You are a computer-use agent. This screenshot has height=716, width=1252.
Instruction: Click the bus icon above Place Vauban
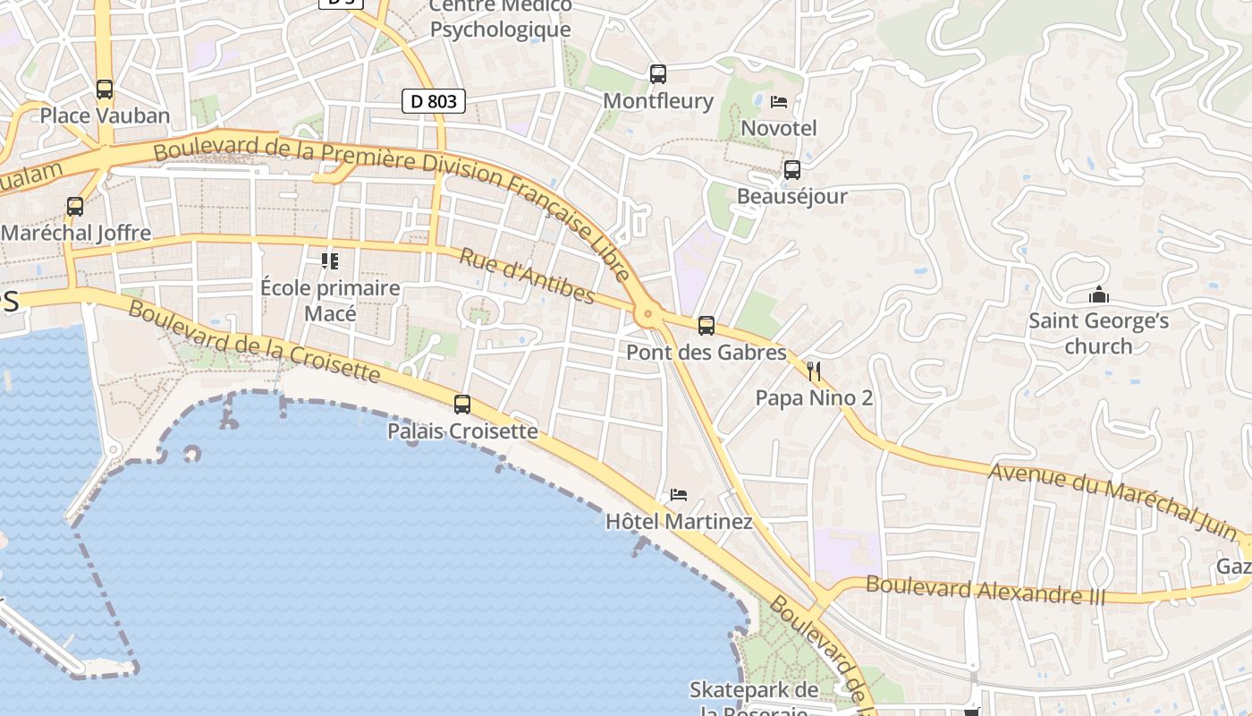[x=105, y=89]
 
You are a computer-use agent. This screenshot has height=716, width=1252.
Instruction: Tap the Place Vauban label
[x=105, y=115]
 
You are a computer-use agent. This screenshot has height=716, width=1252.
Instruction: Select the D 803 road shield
[x=436, y=101]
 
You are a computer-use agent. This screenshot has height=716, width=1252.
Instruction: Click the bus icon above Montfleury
[x=658, y=74]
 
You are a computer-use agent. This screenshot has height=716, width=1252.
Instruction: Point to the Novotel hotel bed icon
[x=779, y=102]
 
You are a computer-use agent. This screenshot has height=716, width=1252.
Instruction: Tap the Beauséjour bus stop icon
[x=791, y=170]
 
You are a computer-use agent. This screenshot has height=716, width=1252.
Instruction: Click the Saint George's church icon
[x=1099, y=294]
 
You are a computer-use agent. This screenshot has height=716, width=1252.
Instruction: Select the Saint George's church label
[x=1098, y=333]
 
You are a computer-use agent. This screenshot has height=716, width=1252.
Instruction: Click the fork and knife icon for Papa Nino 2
[x=814, y=371]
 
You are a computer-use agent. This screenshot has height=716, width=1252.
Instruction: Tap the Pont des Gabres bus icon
[x=706, y=326]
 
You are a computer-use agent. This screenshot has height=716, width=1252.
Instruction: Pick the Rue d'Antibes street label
[x=527, y=276]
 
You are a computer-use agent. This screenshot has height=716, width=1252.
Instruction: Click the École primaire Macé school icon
[x=330, y=261]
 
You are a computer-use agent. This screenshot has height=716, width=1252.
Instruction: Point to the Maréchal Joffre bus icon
[x=75, y=207]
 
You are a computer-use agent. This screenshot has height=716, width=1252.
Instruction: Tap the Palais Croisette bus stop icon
[x=462, y=405]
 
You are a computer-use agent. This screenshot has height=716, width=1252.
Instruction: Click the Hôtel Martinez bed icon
[x=679, y=495]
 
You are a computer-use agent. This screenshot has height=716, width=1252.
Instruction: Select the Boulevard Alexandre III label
[x=986, y=590]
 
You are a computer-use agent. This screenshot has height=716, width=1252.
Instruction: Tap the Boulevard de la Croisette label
[x=254, y=341]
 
